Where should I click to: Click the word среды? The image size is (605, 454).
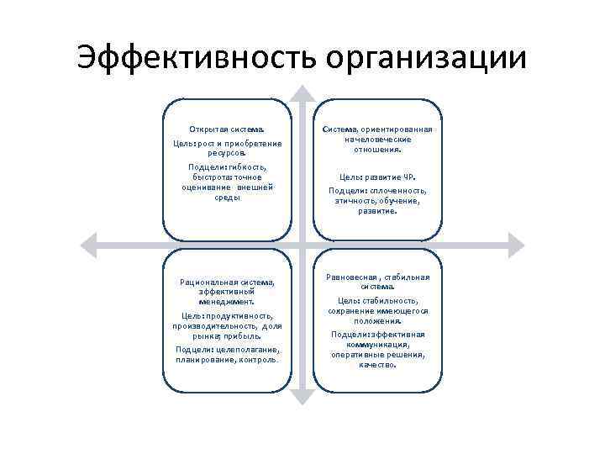(228, 198)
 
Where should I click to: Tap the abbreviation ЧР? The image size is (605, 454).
(409, 178)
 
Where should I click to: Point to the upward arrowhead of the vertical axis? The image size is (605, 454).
(302, 92)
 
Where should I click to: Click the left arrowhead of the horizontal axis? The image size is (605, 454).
(87, 245)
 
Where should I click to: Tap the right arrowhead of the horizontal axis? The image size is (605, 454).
(518, 245)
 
